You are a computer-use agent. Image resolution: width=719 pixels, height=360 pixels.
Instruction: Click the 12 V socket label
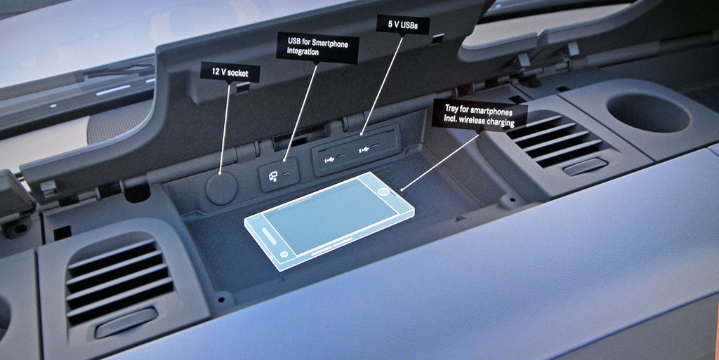click(x=230, y=72)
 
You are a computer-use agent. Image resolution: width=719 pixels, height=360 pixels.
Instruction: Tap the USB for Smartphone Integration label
click(x=317, y=48)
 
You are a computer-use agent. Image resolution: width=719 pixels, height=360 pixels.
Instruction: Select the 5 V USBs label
click(x=402, y=25)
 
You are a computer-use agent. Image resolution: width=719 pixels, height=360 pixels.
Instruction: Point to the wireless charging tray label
click(x=479, y=115)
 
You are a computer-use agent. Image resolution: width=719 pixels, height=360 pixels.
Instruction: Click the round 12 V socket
click(x=221, y=189)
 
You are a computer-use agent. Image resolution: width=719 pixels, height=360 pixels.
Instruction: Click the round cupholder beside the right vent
click(x=648, y=113)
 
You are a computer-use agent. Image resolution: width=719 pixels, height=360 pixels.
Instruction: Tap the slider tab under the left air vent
click(x=126, y=323)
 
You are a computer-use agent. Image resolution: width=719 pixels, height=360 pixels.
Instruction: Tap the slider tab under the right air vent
click(x=585, y=167)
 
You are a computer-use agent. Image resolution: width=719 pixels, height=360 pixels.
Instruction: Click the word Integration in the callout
click(x=303, y=52)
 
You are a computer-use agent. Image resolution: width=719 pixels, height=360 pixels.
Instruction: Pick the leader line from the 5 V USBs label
click(x=382, y=85)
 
